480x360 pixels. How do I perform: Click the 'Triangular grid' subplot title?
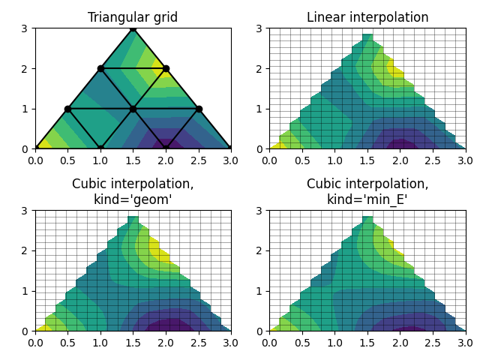click(133, 17)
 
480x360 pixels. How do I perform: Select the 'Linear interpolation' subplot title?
click(367, 17)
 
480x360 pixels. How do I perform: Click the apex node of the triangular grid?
click(133, 28)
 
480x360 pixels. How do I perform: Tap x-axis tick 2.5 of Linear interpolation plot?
click(433, 160)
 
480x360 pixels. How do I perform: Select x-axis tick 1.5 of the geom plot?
click(133, 342)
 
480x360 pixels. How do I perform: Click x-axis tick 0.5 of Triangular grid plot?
click(67, 160)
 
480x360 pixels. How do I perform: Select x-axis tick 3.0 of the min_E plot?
click(466, 342)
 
